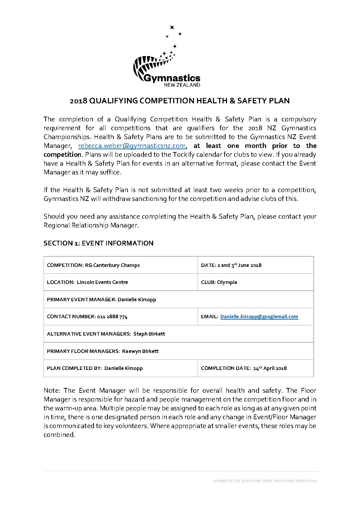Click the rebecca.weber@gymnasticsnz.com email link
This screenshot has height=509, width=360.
tap(132, 146)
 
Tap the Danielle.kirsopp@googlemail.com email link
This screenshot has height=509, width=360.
tap(259, 317)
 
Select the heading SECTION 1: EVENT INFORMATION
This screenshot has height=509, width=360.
tap(98, 243)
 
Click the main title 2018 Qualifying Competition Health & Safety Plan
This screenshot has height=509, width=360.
tap(180, 101)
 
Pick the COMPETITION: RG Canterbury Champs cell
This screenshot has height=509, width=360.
tap(121, 265)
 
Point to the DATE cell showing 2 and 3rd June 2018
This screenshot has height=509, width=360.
tap(255, 265)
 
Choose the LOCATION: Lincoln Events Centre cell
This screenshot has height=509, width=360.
tap(121, 282)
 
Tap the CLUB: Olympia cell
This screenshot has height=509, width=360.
tap(255, 282)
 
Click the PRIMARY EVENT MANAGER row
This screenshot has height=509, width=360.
tap(179, 300)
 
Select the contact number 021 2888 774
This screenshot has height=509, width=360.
tap(112, 317)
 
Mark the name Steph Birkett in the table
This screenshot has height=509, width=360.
tap(149, 334)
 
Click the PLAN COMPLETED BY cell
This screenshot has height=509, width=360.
tap(121, 368)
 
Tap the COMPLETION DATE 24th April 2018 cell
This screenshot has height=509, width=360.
tap(255, 368)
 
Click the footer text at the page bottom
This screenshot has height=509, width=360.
tap(265, 481)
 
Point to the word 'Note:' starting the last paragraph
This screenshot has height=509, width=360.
tap(52, 390)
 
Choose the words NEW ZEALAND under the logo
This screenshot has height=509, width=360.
tap(182, 85)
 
